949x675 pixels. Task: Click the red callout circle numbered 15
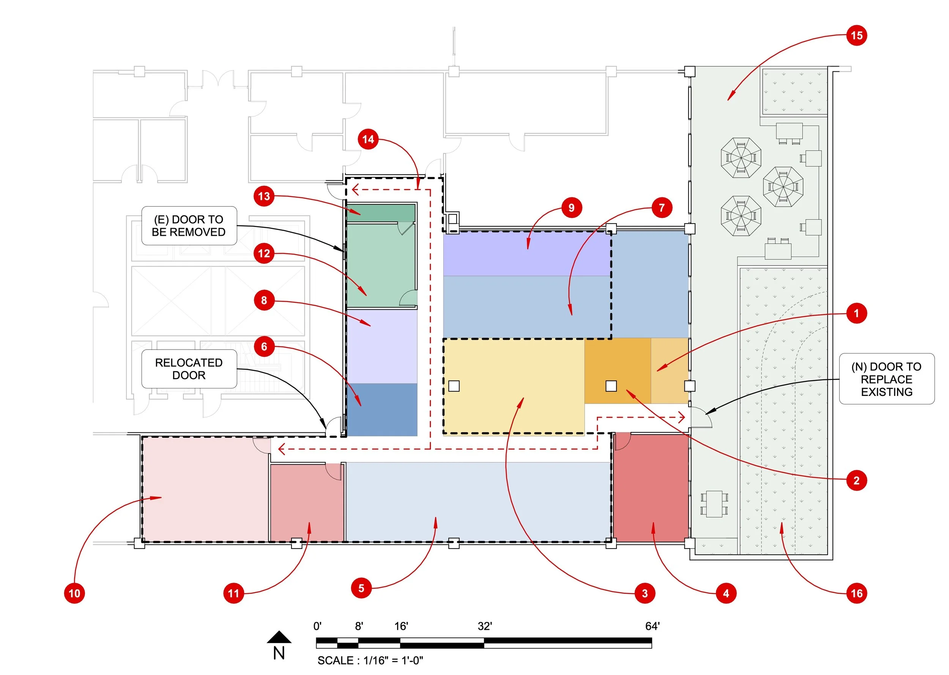tap(856, 36)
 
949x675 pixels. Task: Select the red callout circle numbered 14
tap(368, 139)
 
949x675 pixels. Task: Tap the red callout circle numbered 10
tap(74, 593)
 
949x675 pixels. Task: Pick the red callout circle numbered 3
tap(645, 593)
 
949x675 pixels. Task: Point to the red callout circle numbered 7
tap(662, 207)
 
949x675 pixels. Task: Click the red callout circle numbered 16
tap(856, 593)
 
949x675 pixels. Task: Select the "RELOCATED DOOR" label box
tap(189, 369)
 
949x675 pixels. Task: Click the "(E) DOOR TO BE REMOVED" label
tap(189, 226)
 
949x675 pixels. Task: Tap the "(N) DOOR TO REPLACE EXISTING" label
tap(886, 379)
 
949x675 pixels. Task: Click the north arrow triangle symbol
tap(279, 637)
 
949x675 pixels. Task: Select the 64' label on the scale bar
tap(652, 626)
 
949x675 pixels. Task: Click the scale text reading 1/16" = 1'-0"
tap(370, 661)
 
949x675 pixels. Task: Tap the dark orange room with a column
tap(618, 370)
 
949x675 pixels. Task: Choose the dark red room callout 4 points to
tap(651, 488)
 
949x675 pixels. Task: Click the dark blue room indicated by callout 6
tap(382, 409)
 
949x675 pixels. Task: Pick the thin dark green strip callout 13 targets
tap(381, 213)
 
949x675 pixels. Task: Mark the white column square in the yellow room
tap(454, 386)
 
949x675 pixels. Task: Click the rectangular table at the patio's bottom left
tap(714, 504)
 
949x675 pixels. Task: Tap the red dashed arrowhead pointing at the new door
tap(681, 417)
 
